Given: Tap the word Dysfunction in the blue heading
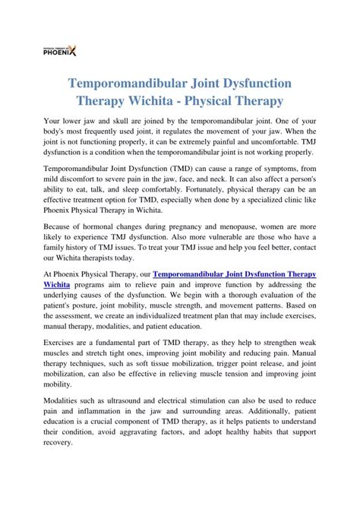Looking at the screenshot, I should [x=251, y=80].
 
